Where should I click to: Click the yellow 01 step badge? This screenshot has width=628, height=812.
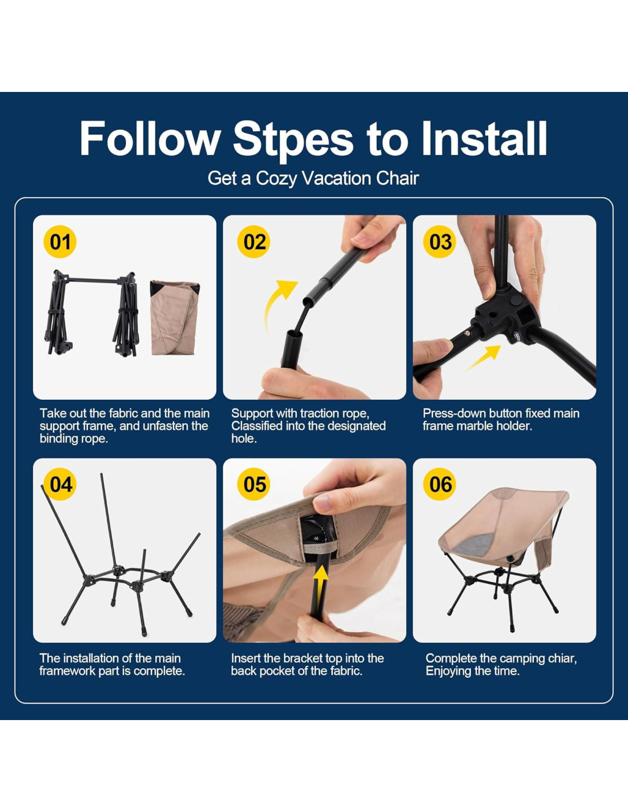[x=60, y=242]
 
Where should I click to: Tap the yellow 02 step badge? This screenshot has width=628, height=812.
[x=254, y=242]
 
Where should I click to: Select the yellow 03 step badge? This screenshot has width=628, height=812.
[x=440, y=242]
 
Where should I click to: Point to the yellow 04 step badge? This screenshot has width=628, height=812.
[x=60, y=485]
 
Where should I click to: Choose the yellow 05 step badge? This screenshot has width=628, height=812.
[x=254, y=485]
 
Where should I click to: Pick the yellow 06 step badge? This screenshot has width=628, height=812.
[x=440, y=485]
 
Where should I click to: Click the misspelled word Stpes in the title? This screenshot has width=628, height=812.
[x=293, y=140]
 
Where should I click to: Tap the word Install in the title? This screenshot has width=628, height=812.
[x=485, y=138]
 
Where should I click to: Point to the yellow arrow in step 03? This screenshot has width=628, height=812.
[x=482, y=358]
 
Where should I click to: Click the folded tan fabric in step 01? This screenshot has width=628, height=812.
[x=175, y=317]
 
